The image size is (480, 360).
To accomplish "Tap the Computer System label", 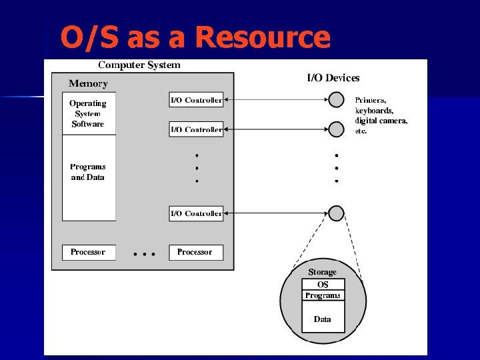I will click(x=139, y=65).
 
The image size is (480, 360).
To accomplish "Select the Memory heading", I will click(x=88, y=83).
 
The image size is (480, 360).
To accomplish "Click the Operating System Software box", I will click(x=88, y=113).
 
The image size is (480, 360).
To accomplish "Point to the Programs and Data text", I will click(x=88, y=172).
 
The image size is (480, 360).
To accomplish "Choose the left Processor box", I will click(x=88, y=252).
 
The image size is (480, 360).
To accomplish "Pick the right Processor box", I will click(x=195, y=252).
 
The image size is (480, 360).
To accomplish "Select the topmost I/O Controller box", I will click(x=196, y=100).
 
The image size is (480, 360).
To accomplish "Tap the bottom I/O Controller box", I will click(x=196, y=213).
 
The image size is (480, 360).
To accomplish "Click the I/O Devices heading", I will click(x=333, y=78).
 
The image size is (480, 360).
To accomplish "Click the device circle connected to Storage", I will click(x=337, y=213).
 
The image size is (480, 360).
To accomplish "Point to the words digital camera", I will click(x=381, y=121).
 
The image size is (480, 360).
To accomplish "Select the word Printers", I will click(x=371, y=100).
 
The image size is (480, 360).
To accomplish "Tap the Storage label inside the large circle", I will click(x=322, y=272).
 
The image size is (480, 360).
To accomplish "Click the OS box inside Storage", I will click(x=322, y=285).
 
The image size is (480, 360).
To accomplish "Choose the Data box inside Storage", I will click(x=322, y=319).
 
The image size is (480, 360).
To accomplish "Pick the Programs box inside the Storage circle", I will click(x=322, y=295).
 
